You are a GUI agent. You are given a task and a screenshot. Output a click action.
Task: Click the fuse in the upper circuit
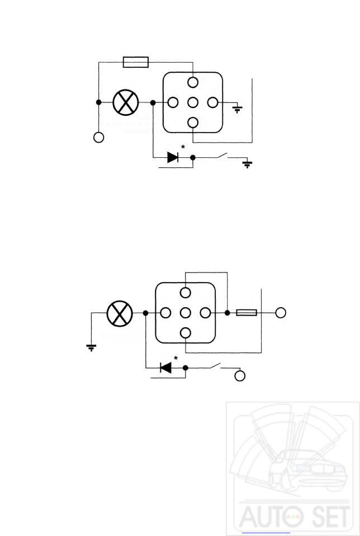pyautogui.click(x=135, y=62)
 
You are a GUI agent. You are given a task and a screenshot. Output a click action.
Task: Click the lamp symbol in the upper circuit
pyautogui.click(x=126, y=102)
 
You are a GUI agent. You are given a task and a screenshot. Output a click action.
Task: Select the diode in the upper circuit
pyautogui.click(x=173, y=158)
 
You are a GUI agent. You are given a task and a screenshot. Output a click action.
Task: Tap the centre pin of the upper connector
pyautogui.click(x=192, y=102)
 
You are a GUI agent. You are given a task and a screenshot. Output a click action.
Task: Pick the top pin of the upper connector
pyautogui.click(x=192, y=83)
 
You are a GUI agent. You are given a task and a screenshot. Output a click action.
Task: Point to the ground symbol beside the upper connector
pyautogui.click(x=238, y=109)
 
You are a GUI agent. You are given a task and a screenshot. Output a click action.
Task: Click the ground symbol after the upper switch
pyautogui.click(x=248, y=164)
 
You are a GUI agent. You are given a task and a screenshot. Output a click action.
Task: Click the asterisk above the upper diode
pyautogui.click(x=183, y=148)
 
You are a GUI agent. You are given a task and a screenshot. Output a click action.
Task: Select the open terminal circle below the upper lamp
pyautogui.click(x=98, y=137)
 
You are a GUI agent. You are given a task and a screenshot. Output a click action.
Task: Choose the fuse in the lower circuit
pyautogui.click(x=247, y=312)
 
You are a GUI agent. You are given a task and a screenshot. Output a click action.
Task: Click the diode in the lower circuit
pyautogui.click(x=165, y=368)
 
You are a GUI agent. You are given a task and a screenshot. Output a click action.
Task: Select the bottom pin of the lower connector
pyautogui.click(x=186, y=333)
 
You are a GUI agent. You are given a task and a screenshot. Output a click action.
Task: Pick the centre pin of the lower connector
pyautogui.click(x=186, y=312)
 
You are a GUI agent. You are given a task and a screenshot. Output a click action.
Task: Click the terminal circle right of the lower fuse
pyautogui.click(x=281, y=312)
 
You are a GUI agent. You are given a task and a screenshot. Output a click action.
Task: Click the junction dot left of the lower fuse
pyautogui.click(x=228, y=312)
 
